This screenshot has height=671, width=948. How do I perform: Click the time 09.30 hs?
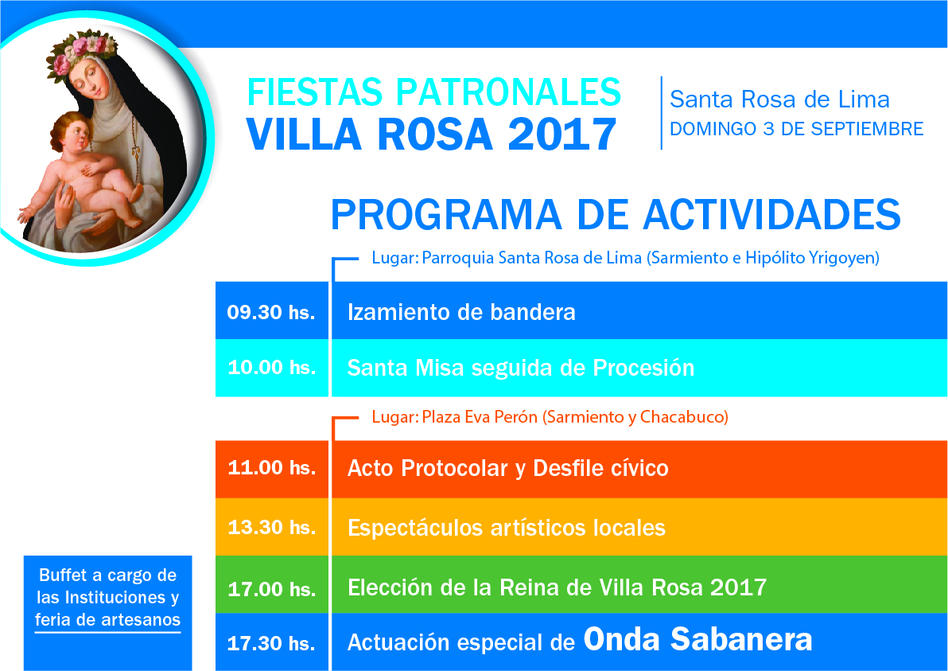pyautogui.click(x=271, y=312)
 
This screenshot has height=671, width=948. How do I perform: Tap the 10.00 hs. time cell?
pyautogui.click(x=272, y=367)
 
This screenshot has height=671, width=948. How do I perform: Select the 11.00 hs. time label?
pyautogui.click(x=272, y=468)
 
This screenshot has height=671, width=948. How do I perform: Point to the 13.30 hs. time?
pyautogui.click(x=272, y=527)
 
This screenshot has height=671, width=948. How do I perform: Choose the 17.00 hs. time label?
pyautogui.click(x=272, y=589)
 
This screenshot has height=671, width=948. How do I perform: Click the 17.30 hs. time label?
pyautogui.click(x=271, y=642)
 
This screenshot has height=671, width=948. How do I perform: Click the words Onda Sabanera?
pyautogui.click(x=697, y=639)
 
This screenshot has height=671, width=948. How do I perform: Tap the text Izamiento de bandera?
pyautogui.click(x=461, y=312)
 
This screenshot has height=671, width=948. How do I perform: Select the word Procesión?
pyautogui.click(x=643, y=367)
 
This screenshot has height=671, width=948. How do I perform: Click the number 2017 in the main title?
pyautogui.click(x=562, y=135)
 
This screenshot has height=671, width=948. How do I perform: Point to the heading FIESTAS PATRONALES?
pyautogui.click(x=434, y=92)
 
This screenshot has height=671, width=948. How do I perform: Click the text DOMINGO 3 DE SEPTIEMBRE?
pyautogui.click(x=797, y=129)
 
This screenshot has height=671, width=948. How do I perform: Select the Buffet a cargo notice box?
pyautogui.click(x=107, y=613)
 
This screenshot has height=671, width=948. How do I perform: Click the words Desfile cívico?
pyautogui.click(x=601, y=468)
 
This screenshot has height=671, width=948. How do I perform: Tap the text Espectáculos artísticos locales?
pyautogui.click(x=507, y=528)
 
